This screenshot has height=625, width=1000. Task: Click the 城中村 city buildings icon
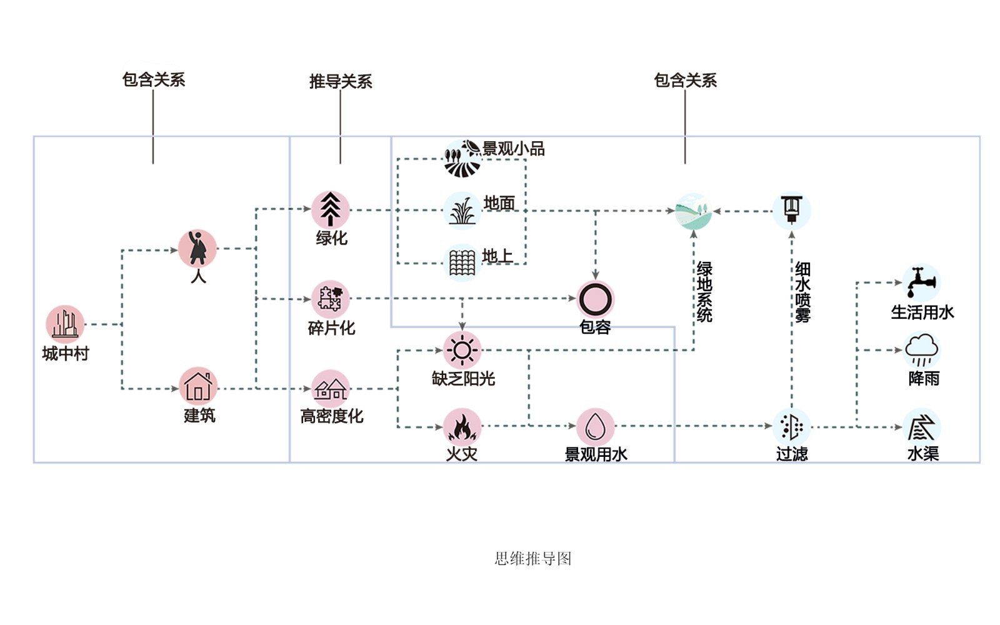click(x=65, y=324)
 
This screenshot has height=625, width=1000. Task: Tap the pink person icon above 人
click(x=197, y=249)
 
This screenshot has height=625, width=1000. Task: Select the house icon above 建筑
click(x=198, y=386)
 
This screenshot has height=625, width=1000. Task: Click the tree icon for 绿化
click(x=331, y=210)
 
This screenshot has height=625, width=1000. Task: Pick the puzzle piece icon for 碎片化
click(x=330, y=299)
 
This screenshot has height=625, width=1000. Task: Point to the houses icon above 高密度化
click(x=331, y=389)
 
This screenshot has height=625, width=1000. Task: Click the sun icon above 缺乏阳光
click(x=462, y=350)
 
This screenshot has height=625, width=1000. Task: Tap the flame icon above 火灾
click(x=462, y=427)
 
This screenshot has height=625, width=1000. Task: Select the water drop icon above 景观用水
click(x=595, y=427)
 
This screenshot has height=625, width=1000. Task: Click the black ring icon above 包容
click(x=595, y=299)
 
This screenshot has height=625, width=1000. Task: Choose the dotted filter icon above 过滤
click(x=792, y=427)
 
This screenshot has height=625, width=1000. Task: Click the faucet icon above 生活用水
click(x=921, y=282)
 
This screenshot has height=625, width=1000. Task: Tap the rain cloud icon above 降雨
click(x=922, y=350)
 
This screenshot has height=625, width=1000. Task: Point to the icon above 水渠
click(x=922, y=427)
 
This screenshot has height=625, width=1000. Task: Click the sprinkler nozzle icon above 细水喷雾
click(x=792, y=210)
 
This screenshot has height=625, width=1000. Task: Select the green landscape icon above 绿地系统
click(x=694, y=211)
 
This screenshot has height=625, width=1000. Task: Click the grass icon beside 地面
click(x=462, y=211)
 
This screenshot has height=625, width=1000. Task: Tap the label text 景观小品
click(x=513, y=149)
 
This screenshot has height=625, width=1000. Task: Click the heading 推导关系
click(x=341, y=81)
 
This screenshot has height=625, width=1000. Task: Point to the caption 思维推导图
click(x=533, y=558)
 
